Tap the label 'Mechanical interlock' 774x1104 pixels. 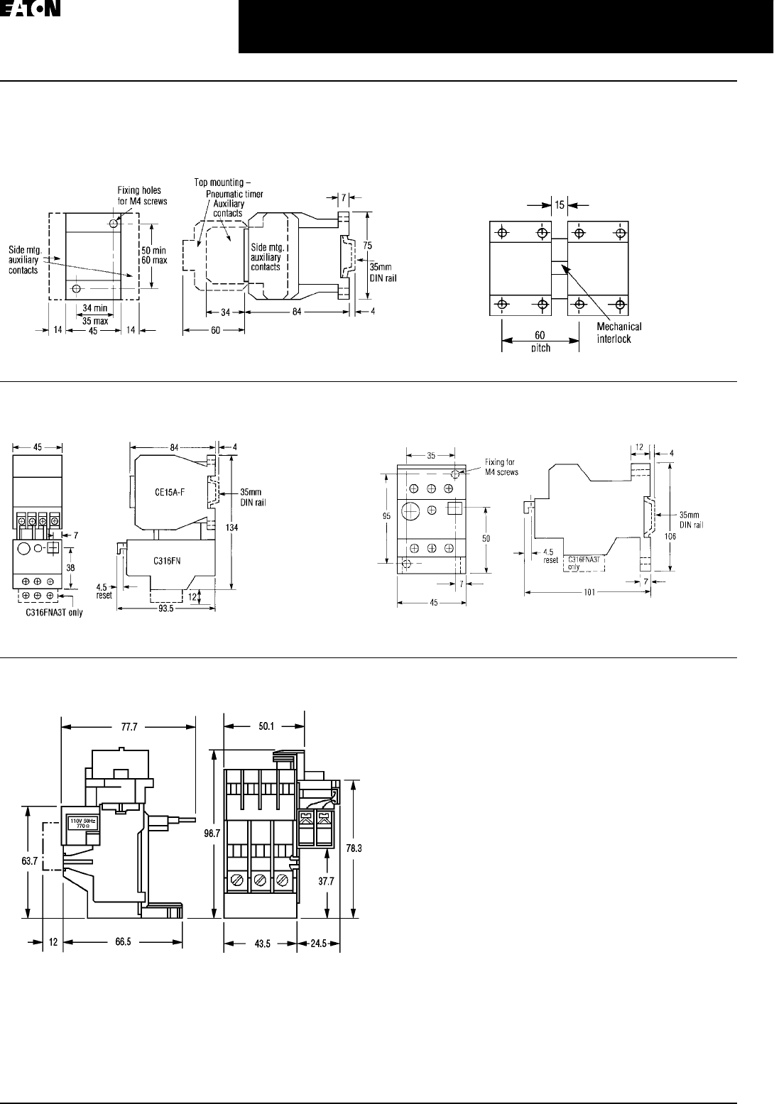point(618,333)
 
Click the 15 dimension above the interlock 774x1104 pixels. point(560,204)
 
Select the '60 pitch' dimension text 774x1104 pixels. point(540,340)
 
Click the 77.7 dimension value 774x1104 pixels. point(129,726)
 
